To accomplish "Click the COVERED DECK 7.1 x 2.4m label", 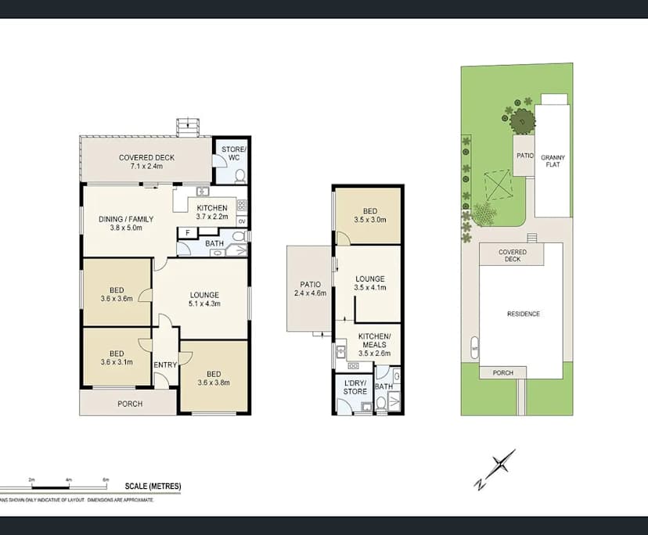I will tap(146, 162).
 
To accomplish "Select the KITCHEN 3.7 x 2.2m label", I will tap(211, 212).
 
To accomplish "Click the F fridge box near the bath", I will tap(187, 232).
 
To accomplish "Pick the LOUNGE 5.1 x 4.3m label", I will tap(203, 300).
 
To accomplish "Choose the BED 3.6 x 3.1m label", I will tap(117, 358).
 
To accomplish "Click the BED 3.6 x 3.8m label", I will tap(214, 378).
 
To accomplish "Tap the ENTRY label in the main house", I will tap(165, 364).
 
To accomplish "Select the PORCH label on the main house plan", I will tap(129, 404).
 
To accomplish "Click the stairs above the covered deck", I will tap(188, 126).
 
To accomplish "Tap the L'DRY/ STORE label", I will tap(355, 386).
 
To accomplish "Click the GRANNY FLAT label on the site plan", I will tap(553, 162).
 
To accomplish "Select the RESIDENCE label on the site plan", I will tap(523, 314).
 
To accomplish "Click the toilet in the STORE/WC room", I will tap(240, 176).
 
